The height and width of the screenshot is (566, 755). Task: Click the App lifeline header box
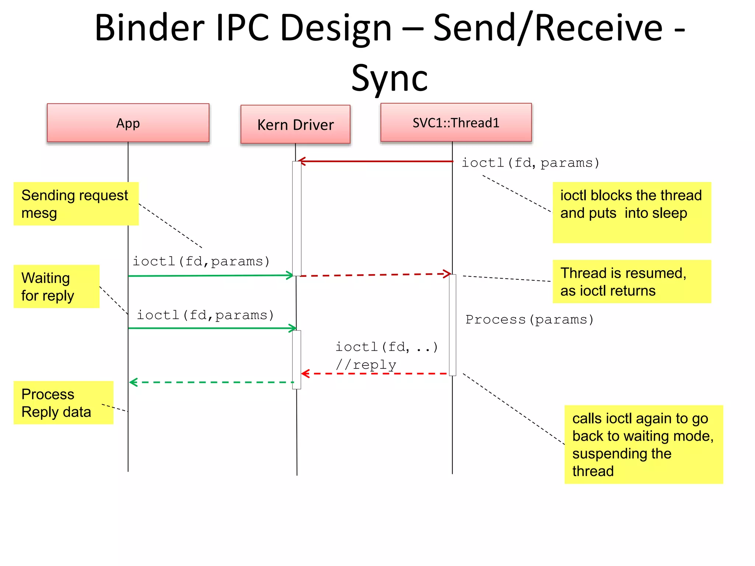[128, 123]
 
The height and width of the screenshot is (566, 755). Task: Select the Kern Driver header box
[295, 125]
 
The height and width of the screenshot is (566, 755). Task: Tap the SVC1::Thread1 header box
[456, 123]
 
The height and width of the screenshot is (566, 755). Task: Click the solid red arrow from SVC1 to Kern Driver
[376, 161]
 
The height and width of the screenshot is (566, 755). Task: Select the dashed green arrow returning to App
[212, 382]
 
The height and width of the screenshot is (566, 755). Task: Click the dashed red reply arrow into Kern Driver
[374, 374]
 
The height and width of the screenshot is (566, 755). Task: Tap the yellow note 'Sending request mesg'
[76, 204]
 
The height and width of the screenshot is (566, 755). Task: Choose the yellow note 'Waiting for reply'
[56, 286]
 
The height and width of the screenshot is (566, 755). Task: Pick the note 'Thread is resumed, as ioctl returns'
[632, 282]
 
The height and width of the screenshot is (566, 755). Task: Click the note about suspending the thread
[643, 444]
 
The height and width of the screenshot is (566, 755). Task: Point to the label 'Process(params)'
[529, 319]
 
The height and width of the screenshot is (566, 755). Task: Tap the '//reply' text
[366, 365]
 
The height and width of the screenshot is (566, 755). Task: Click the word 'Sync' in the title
[389, 78]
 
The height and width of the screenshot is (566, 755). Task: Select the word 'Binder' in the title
[149, 28]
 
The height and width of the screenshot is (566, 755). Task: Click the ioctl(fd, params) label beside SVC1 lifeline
[530, 163]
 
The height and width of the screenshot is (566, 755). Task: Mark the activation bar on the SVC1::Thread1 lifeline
[452, 325]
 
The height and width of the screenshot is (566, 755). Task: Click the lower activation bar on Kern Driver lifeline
[296, 359]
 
